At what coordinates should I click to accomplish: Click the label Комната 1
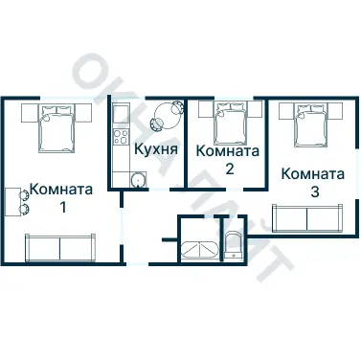61,197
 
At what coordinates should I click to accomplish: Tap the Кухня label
153,149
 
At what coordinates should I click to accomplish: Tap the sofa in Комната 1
60,248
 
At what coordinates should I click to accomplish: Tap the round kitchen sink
137,178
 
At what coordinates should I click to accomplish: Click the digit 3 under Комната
314,191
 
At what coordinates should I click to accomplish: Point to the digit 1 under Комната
62,207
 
